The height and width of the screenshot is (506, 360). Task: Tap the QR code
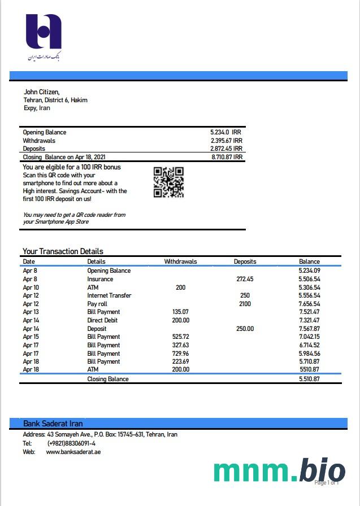[168, 182]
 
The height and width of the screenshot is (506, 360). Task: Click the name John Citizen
[41, 92]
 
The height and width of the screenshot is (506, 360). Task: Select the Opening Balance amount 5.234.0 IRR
[225, 132]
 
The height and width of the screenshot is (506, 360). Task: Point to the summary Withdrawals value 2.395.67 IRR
[226, 141]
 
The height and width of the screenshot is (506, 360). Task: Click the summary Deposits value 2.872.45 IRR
[226, 149]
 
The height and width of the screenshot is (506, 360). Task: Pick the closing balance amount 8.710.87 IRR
[227, 157]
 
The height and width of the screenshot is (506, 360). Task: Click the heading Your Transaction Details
[63, 251]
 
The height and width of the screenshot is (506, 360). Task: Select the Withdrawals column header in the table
[180, 261]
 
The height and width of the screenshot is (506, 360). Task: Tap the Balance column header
[309, 261]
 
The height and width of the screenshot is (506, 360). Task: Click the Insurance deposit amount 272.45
[245, 279]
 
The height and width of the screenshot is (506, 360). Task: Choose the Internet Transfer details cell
[109, 295]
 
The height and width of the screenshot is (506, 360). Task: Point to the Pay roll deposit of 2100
[245, 304]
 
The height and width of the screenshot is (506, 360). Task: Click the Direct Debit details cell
[102, 320]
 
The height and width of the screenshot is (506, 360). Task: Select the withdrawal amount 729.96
[180, 353]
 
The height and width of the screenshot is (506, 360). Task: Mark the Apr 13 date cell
[31, 312]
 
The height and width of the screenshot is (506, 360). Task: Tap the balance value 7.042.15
[309, 337]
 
